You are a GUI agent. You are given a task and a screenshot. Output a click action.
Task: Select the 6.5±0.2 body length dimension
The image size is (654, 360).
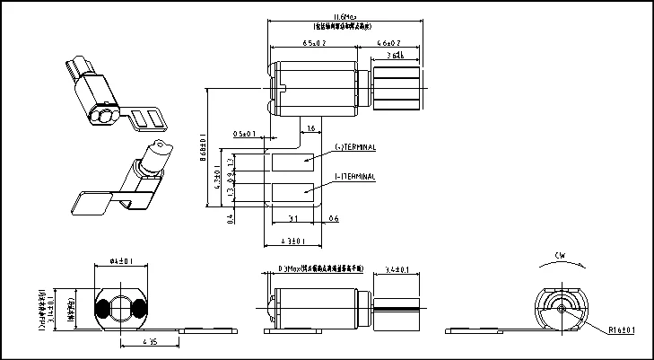(x=314, y=43)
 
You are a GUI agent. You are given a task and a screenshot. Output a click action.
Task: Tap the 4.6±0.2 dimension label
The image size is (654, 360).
(x=388, y=43)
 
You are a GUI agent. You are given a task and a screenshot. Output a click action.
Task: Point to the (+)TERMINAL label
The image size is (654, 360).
(x=354, y=146)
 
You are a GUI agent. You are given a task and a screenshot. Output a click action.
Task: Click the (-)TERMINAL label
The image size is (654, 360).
(x=354, y=177)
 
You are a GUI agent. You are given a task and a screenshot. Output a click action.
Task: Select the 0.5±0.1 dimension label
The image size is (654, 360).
(x=244, y=134)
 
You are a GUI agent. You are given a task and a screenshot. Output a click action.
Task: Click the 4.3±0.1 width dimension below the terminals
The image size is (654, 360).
(x=293, y=241)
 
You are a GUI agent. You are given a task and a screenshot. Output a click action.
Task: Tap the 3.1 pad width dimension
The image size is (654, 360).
(x=293, y=219)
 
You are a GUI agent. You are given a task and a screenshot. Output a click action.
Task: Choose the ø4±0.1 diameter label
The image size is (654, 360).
(x=121, y=261)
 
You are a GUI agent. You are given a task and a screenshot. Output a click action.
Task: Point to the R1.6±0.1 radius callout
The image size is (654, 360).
(x=622, y=330)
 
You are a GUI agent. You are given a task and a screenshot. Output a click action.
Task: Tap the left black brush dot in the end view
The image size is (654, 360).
(x=103, y=308)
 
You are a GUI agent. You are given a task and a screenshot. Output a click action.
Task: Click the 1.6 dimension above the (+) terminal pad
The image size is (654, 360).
(x=310, y=130)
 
